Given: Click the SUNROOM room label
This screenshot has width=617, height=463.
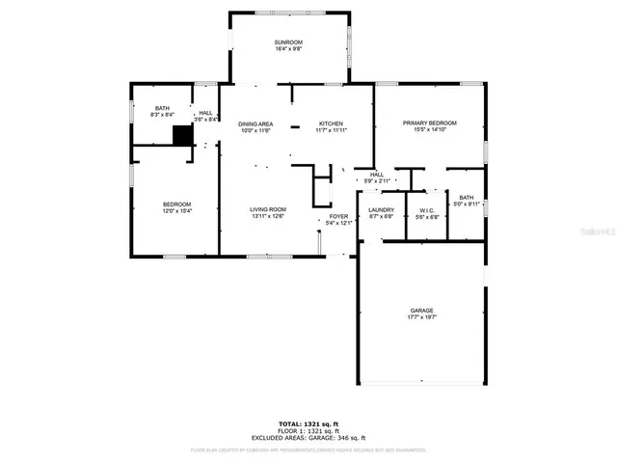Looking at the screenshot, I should (x=288, y=42).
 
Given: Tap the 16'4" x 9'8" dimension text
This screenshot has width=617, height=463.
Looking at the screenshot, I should (x=288, y=50).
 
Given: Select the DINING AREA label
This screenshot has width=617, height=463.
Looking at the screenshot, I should (x=255, y=123).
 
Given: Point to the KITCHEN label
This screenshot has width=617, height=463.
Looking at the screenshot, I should (x=332, y=123).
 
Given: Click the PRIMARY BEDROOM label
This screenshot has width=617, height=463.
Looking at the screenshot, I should (x=429, y=123).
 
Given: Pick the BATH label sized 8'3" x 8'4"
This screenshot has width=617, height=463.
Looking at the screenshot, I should (x=160, y=109).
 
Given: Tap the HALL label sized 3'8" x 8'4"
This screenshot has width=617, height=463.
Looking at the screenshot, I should (x=205, y=113).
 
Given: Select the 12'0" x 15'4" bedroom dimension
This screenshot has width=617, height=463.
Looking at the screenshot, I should (x=176, y=211).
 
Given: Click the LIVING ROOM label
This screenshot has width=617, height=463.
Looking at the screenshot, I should (x=268, y=209).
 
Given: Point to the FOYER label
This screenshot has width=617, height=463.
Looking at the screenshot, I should (x=338, y=217).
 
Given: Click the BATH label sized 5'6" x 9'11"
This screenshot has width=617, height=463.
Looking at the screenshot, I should (x=466, y=197).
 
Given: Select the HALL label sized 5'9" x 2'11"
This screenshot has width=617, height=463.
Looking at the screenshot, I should (x=376, y=175).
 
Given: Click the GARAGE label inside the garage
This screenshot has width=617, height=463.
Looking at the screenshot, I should (x=422, y=311).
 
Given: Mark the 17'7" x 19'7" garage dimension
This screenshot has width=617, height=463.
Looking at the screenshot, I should (x=422, y=317).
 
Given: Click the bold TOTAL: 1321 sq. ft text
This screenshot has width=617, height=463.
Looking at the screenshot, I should (x=308, y=423).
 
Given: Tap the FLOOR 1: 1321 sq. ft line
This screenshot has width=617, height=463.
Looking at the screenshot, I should (x=308, y=430).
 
